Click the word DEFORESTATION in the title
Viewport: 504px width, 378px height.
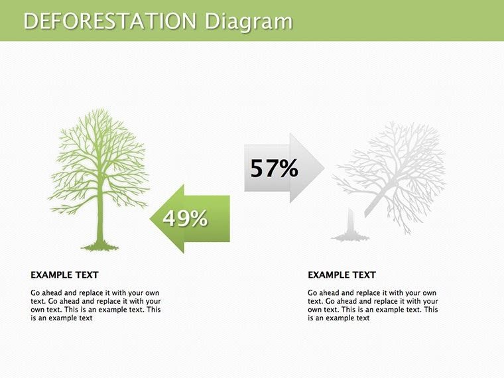(110, 21)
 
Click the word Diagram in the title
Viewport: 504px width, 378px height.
(248, 21)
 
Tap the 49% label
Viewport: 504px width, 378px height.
(186, 218)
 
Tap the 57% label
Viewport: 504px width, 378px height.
(274, 168)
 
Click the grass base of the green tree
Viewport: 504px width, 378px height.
(100, 247)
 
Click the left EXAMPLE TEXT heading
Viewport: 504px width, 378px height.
(64, 275)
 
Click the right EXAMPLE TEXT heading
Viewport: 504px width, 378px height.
(342, 275)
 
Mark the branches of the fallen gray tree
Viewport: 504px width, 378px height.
(405, 166)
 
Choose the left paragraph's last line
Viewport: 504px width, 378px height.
(61, 318)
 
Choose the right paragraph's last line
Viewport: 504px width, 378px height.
(338, 318)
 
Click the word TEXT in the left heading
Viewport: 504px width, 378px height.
(86, 275)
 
